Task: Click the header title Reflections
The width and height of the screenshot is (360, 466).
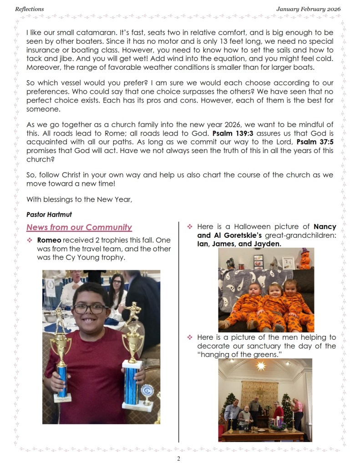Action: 30,9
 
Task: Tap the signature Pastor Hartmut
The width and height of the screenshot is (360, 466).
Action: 43,214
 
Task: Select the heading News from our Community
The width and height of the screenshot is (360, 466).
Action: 79,227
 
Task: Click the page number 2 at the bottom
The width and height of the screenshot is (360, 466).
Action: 179,459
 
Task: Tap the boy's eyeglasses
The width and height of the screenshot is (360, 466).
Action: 90,309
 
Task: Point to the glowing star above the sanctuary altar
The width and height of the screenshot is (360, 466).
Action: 261,366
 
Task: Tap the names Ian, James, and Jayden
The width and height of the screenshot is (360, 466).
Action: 236,244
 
